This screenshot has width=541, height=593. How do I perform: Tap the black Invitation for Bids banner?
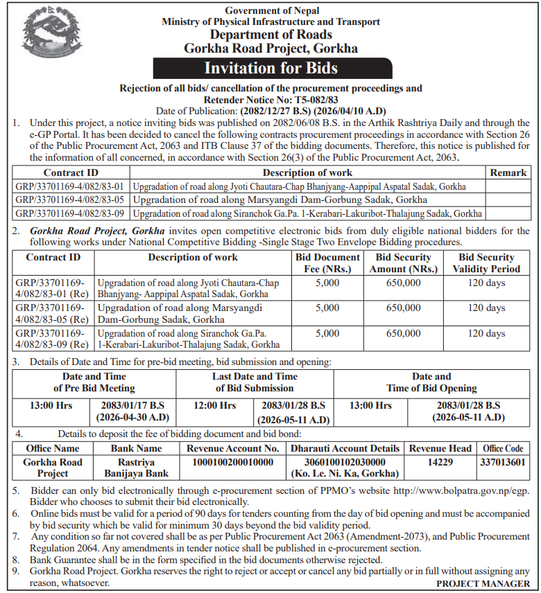[270, 68]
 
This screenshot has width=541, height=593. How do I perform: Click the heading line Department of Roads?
[270, 35]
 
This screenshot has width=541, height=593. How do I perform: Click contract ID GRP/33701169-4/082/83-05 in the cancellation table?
[69, 200]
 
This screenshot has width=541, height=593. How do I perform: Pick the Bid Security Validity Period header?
[486, 263]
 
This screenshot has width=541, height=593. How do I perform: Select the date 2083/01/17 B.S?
[133, 405]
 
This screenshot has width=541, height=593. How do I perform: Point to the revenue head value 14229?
[440, 462]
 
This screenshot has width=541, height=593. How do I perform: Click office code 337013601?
[503, 462]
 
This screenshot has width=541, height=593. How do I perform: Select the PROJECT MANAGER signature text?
[482, 584]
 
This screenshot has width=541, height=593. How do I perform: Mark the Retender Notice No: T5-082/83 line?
[270, 100]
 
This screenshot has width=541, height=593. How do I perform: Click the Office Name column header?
[53, 448]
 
